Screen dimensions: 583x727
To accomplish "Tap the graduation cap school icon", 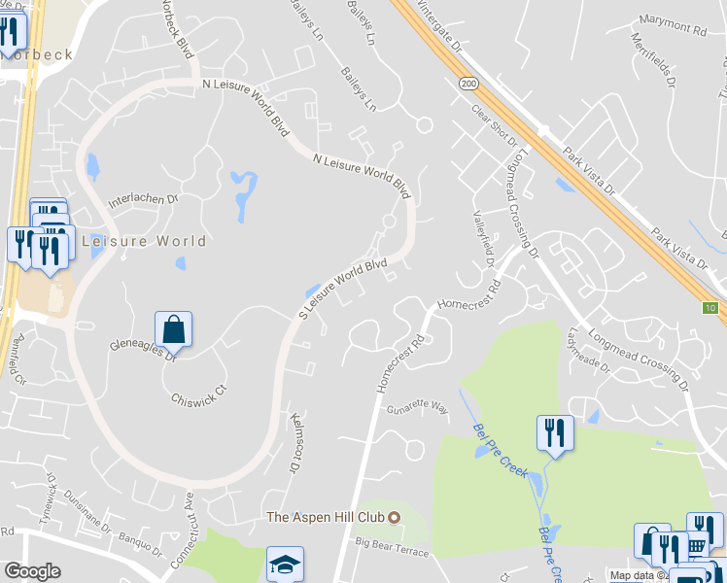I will [x=285, y=564].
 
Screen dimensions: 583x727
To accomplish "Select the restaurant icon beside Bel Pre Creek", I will [x=555, y=432].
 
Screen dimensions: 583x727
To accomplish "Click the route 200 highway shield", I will [x=470, y=85].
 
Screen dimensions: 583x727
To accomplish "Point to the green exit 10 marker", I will [x=710, y=308].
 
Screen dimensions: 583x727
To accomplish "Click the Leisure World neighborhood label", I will [x=145, y=241].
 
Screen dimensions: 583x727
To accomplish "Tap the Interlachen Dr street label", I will [x=144, y=198].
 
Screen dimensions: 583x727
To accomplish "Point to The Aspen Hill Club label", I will [x=327, y=517].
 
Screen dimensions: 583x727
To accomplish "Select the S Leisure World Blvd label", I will [x=343, y=289].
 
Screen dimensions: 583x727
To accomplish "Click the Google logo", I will [x=32, y=570].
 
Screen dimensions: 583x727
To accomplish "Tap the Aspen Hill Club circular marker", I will [x=394, y=517].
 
